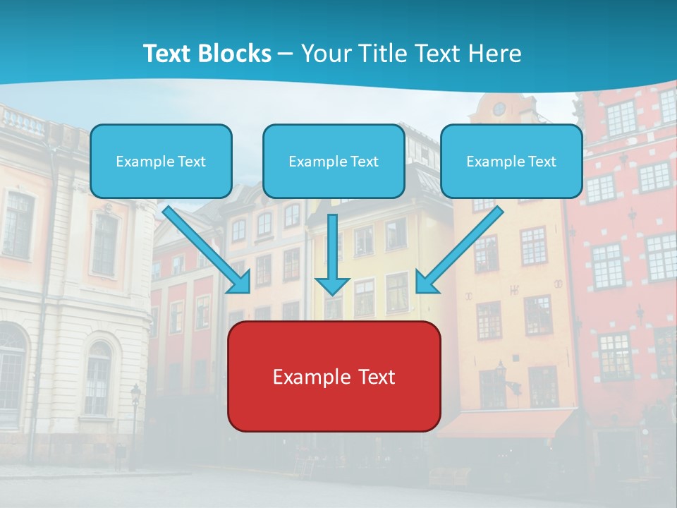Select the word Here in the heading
tap(496, 54)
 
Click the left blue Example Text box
tap(161, 162)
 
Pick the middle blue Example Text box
tap(334, 162)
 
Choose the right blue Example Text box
tap(511, 162)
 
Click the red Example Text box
tap(334, 377)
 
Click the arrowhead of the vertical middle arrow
tap(332, 285)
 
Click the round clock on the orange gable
tap(499, 109)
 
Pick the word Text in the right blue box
tap(542, 162)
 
